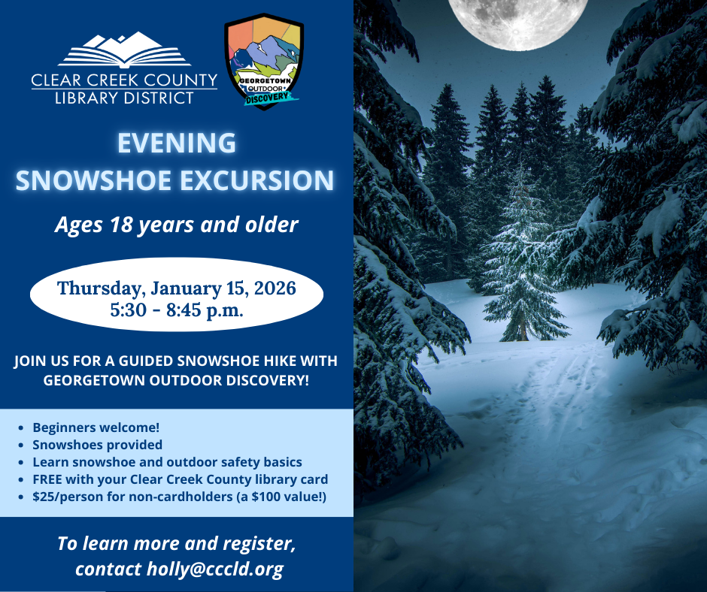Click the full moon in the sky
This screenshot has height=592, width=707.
[518, 23]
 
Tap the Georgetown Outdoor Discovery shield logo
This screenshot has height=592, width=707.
[264, 62]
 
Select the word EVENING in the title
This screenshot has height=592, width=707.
[177, 143]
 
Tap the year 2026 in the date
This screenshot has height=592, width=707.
[275, 288]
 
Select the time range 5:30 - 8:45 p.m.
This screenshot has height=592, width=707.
[177, 310]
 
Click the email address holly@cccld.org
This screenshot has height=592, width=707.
[215, 569]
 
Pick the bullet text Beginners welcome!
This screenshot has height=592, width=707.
[96, 427]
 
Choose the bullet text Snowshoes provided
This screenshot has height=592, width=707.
[97, 445]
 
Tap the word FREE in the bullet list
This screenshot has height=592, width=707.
[47, 479]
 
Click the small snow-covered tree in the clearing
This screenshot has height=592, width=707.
[523, 261]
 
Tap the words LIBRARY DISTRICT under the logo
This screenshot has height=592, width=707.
[124, 98]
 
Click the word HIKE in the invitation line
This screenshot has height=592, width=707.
[281, 361]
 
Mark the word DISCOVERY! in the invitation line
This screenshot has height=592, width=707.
[268, 380]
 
